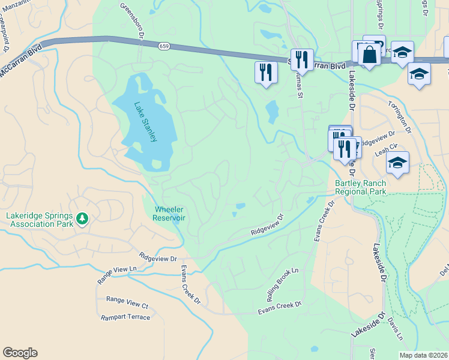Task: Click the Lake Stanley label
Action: (146, 122)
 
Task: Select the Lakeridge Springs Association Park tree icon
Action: (82, 220)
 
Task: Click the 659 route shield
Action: (164, 46)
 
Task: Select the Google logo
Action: (20, 353)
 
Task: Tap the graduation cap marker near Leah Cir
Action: (397, 162)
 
